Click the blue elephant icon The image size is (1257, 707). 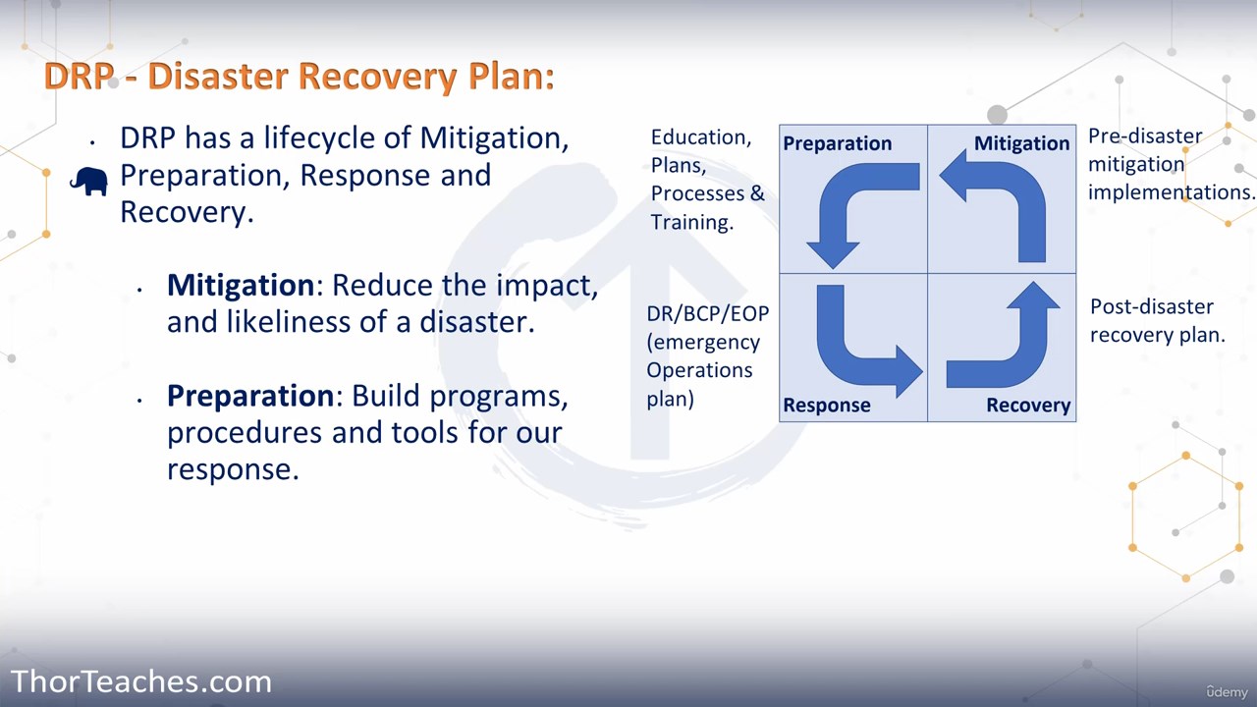coord(88,181)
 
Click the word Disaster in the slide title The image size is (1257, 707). coord(218,76)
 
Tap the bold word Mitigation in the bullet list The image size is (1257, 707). coord(241,285)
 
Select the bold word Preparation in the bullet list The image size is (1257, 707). coord(250,396)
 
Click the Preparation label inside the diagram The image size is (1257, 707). coord(838,144)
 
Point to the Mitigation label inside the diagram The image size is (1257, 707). coord(1022,143)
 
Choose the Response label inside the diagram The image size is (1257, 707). coord(827,406)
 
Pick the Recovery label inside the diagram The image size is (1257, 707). coord(1028,406)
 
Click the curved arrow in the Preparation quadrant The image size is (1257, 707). coord(842,190)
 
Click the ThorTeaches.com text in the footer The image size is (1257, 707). coord(140,681)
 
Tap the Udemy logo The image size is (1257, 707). coord(1228,692)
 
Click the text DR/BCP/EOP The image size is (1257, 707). coord(708,313)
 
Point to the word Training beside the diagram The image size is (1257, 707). coord(692,223)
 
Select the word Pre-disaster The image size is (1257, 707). coord(1145,136)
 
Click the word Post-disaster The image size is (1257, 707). coord(1152,307)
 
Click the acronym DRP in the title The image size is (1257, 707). coord(80,76)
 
